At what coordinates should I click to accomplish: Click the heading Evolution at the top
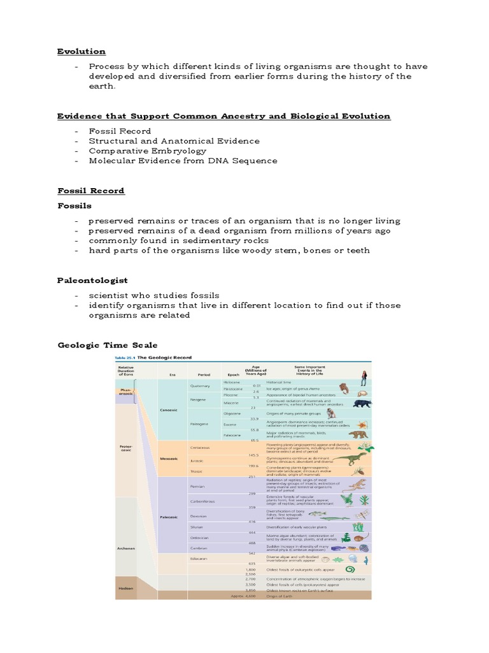click(81, 51)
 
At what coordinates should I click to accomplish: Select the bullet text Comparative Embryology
click(148, 150)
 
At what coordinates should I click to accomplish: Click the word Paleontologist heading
click(92, 280)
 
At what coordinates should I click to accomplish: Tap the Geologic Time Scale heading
click(108, 345)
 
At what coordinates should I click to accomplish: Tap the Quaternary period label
click(199, 386)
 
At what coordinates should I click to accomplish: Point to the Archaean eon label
click(125, 548)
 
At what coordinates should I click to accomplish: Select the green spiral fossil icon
click(350, 569)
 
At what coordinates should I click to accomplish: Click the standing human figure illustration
click(364, 378)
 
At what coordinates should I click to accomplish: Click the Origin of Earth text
click(280, 596)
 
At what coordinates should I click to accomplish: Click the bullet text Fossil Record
click(120, 131)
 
